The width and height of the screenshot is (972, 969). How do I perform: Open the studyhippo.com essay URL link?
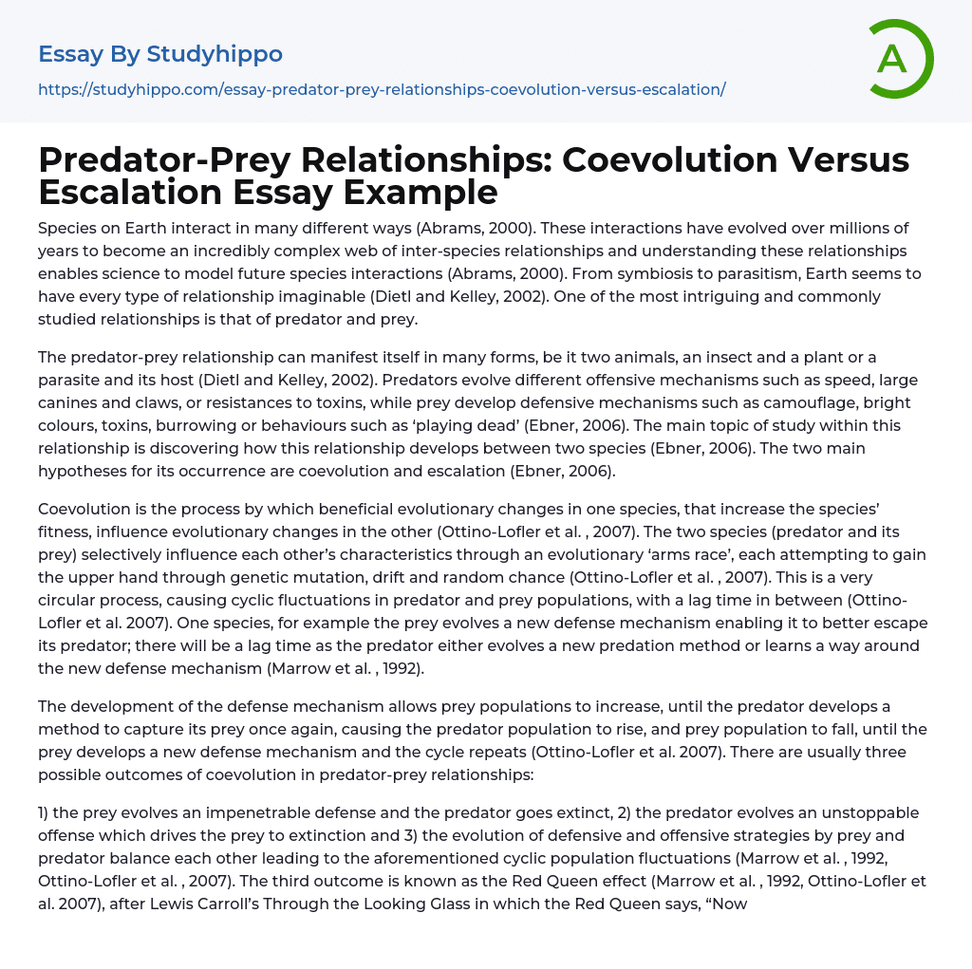point(382,89)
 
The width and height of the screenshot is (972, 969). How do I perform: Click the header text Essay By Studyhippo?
point(160,54)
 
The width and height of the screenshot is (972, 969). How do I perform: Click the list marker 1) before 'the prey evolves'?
point(47,812)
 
